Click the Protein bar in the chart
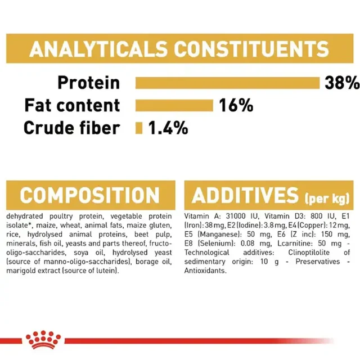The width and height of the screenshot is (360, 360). click(x=227, y=83)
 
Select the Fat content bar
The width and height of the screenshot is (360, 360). click(x=174, y=105)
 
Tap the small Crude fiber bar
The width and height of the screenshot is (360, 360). click(x=139, y=128)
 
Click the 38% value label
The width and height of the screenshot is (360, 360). click(x=342, y=83)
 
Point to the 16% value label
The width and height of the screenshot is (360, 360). click(x=236, y=105)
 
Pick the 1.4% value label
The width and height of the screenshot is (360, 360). click(x=168, y=128)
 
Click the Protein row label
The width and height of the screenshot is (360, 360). click(x=89, y=83)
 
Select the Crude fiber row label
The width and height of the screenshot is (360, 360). click(x=72, y=128)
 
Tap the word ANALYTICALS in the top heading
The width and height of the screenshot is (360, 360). click(x=98, y=49)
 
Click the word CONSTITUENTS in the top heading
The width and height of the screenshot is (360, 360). click(x=251, y=49)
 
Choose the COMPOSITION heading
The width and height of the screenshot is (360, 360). click(x=90, y=195)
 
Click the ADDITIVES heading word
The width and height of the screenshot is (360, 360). click(x=245, y=195)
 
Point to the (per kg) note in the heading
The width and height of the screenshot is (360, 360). click(x=327, y=199)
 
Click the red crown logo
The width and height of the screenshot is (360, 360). click(x=43, y=340)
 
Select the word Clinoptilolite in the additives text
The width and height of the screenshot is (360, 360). click(x=309, y=253)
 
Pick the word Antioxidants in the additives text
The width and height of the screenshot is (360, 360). click(x=205, y=271)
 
